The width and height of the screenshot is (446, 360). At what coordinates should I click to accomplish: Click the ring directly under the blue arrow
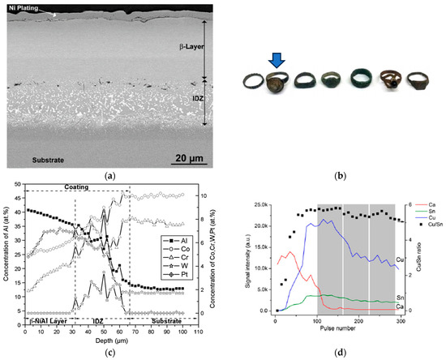point(277,82)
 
